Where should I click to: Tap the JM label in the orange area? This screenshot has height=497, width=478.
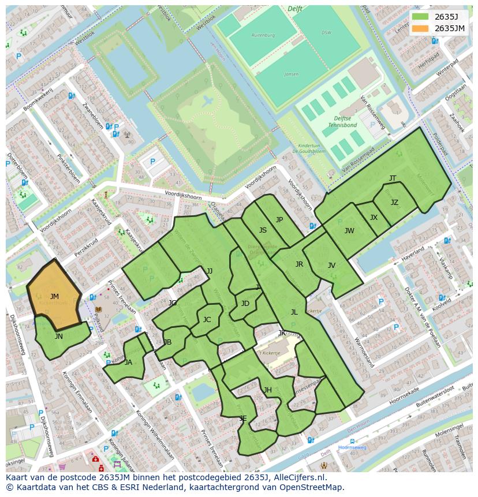click(54, 297)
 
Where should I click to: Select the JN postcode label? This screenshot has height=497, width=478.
click(59, 337)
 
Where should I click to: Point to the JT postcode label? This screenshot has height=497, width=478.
click(393, 178)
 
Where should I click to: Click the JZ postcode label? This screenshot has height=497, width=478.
click(394, 203)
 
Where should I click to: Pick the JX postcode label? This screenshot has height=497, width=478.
click(374, 218)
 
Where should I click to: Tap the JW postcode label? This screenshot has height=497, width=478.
click(349, 231)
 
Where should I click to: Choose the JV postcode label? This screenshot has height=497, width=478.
click(331, 266)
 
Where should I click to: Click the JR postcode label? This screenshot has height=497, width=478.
click(299, 264)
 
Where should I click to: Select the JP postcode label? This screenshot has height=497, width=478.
click(279, 220)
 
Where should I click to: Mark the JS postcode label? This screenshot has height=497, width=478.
click(263, 230)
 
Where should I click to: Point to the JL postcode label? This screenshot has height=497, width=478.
click(294, 312)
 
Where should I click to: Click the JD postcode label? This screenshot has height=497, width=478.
click(245, 304)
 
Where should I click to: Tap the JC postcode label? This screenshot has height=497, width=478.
click(207, 320)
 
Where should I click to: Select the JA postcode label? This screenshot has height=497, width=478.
click(128, 363)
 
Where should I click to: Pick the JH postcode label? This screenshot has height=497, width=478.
click(268, 390)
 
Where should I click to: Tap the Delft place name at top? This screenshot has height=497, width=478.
click(294, 9)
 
